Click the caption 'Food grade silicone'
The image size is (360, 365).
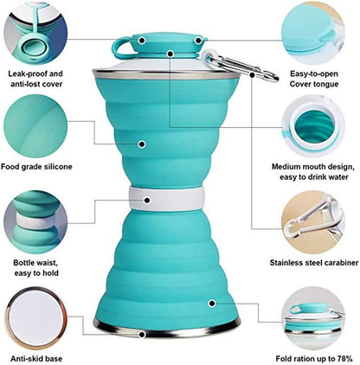tap(48, 166)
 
